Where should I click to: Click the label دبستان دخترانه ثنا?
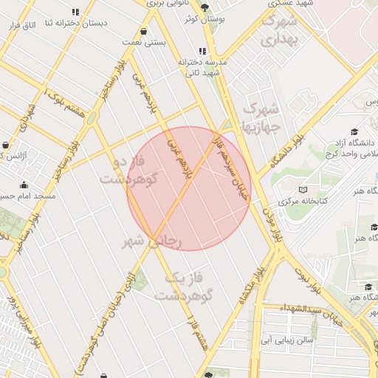76,24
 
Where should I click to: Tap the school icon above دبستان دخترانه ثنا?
75,12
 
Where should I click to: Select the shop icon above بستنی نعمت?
142,31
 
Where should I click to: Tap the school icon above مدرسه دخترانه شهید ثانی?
202,51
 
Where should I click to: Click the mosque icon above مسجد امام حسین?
24,185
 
